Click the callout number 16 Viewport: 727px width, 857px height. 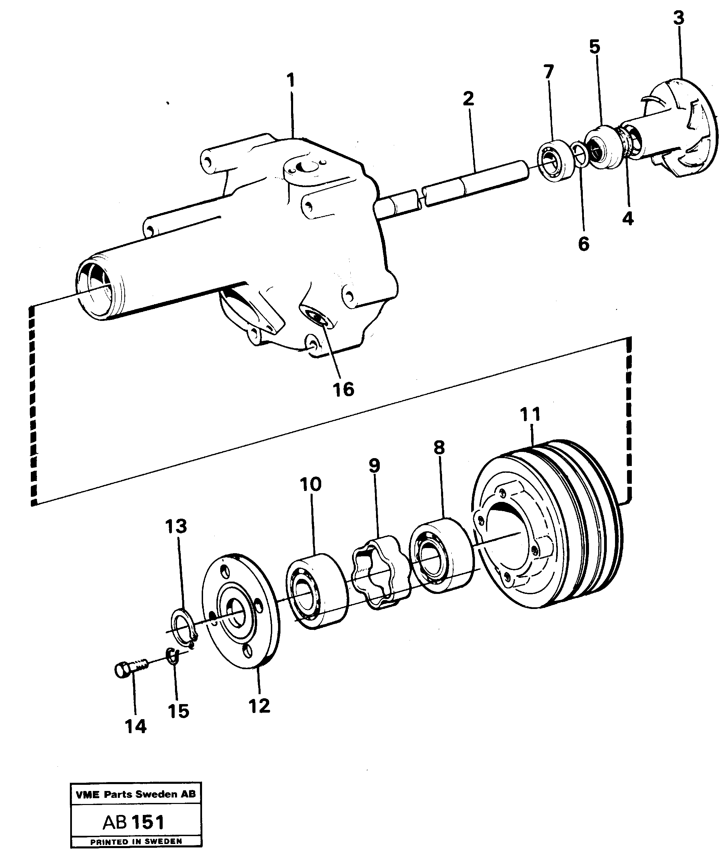(x=343, y=389)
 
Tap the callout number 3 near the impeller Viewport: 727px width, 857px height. (x=678, y=18)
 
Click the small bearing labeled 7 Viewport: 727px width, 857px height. (x=555, y=160)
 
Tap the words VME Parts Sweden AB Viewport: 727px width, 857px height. (x=136, y=794)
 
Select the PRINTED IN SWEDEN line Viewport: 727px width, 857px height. (x=136, y=841)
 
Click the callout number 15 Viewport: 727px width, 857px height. (x=178, y=711)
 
